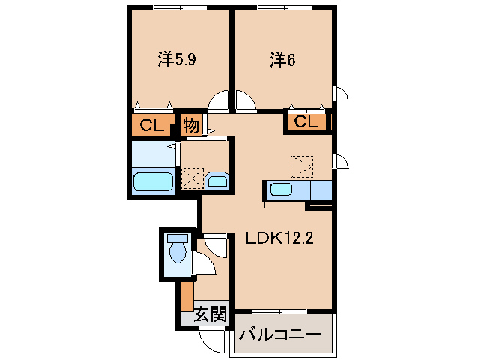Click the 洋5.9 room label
tap(178, 59)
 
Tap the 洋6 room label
tap(282, 59)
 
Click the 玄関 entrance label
tap(210, 315)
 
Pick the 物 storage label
tap(191, 125)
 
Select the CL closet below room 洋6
tap(306, 122)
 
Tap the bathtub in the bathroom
tap(154, 182)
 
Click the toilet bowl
tap(177, 250)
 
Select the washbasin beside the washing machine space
tap(217, 181)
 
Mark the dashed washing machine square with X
tap(192, 178)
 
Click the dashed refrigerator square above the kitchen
tap(303, 166)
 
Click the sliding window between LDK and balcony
tap(280, 310)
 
